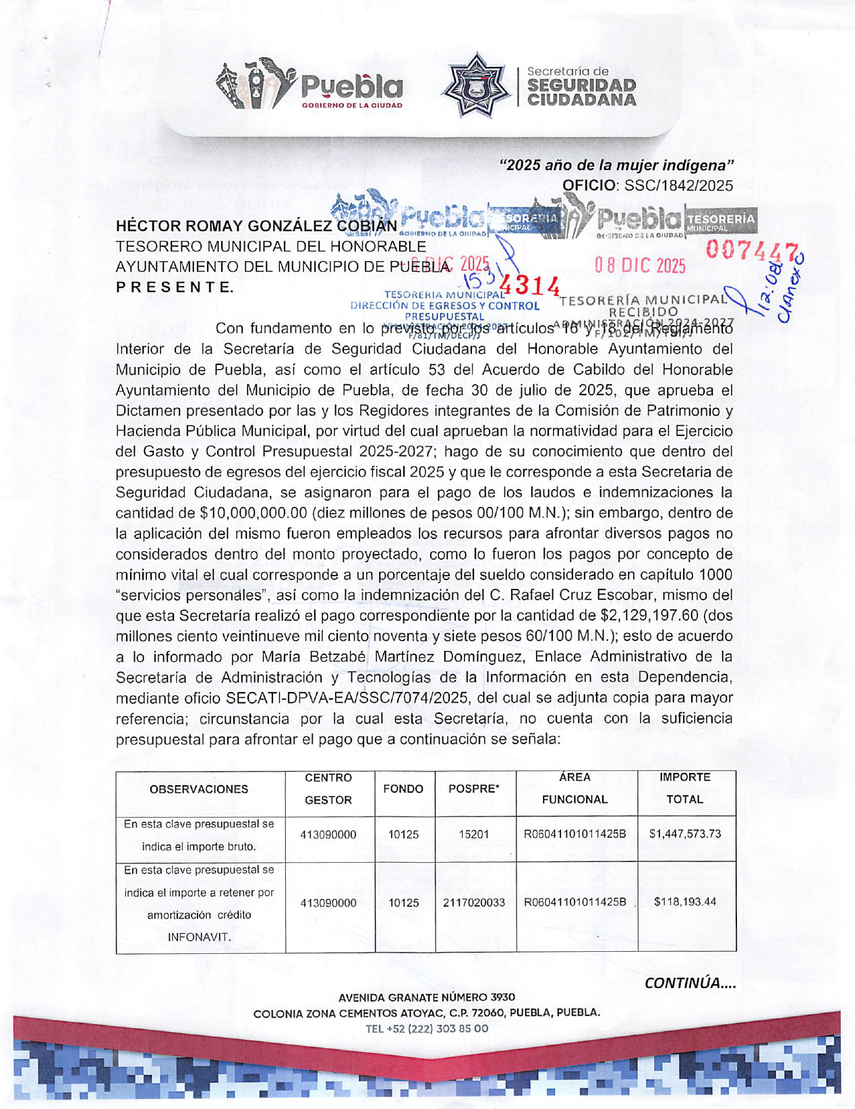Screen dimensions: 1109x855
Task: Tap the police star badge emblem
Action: [475, 86]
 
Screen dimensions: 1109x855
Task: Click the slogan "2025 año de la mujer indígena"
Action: [616, 165]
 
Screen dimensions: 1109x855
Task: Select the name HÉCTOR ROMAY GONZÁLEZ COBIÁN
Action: [256, 226]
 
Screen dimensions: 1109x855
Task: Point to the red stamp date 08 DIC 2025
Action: [640, 266]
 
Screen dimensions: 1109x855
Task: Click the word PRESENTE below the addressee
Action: [175, 287]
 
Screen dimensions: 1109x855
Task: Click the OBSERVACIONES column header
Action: [199, 789]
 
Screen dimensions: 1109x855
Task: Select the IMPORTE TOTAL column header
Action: [684, 789]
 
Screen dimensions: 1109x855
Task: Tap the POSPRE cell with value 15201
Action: [473, 834]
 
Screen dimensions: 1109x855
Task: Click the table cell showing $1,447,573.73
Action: [684, 834]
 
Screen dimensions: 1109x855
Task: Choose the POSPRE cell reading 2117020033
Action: [473, 903]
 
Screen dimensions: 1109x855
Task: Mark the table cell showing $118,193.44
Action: [684, 903]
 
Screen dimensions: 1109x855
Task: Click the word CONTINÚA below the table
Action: [690, 983]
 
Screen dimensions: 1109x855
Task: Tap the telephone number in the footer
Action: [426, 1029]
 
